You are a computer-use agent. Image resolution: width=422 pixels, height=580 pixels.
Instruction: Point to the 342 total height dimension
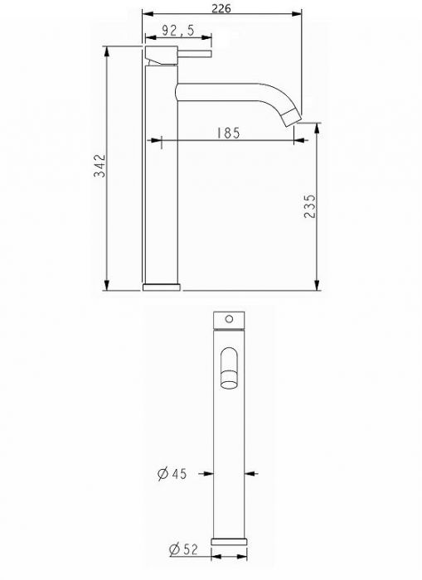pyautogui.click(x=99, y=166)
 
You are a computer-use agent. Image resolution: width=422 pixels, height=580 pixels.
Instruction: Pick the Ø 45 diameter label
pyautogui.click(x=173, y=473)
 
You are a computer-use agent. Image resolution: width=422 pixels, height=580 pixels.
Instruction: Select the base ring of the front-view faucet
pyautogui.click(x=230, y=540)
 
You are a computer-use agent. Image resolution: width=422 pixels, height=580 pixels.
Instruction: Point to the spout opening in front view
pyautogui.click(x=230, y=370)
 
